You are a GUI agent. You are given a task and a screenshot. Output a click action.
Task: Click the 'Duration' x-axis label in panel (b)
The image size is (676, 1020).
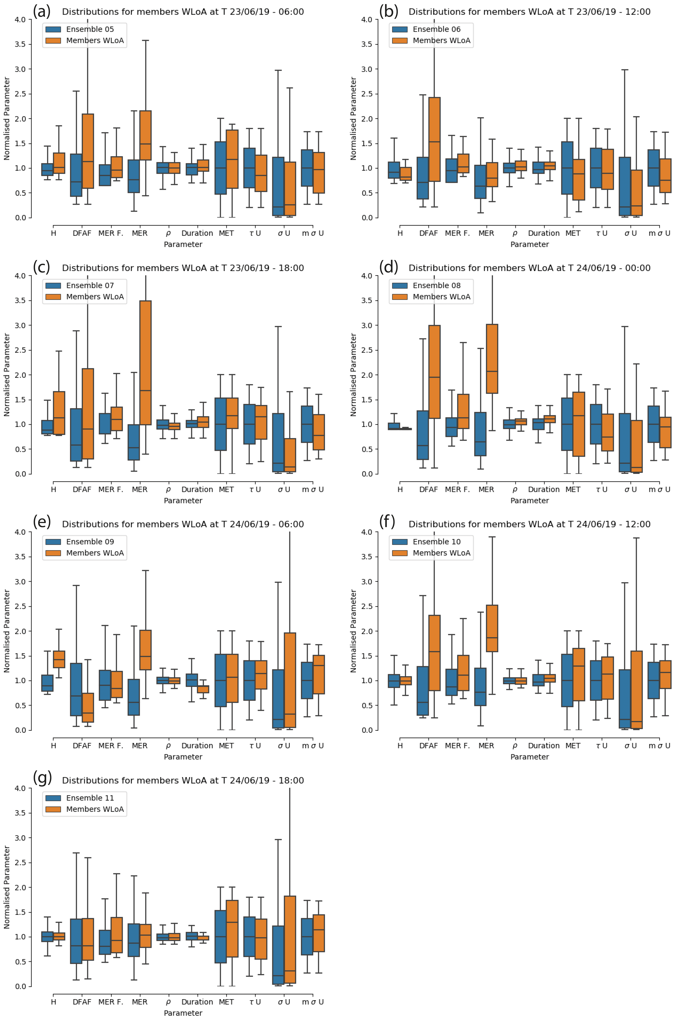point(544,233)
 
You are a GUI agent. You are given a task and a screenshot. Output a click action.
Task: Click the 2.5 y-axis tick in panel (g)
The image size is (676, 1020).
point(20,863)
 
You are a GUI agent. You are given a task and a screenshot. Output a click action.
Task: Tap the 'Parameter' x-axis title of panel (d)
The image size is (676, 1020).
point(529,501)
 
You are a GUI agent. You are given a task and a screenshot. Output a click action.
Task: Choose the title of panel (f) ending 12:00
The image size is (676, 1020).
point(529,524)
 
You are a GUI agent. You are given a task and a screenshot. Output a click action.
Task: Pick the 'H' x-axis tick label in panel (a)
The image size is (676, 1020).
point(54,233)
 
